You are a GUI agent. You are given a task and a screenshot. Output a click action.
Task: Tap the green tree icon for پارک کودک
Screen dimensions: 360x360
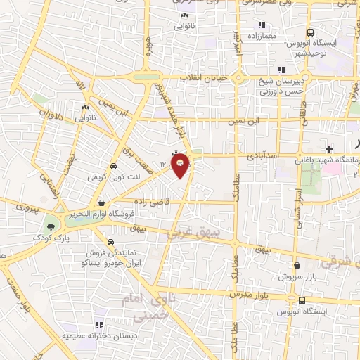point(51,226)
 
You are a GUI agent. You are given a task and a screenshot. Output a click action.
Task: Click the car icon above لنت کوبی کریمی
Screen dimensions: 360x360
point(113,167)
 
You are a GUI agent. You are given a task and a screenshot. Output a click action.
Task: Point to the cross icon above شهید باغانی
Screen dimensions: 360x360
point(329,149)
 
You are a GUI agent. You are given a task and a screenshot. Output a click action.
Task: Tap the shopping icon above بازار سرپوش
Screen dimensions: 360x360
point(297,266)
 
